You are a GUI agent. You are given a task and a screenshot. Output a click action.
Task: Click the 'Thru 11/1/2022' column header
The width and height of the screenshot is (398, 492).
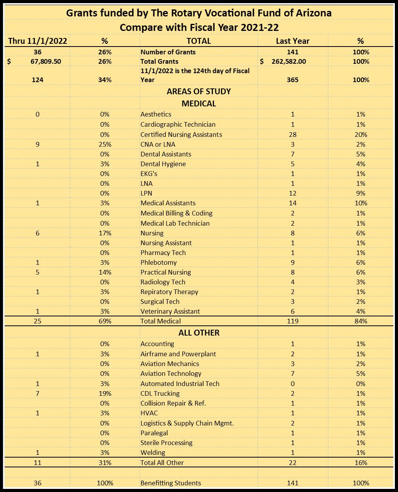tap(38, 41)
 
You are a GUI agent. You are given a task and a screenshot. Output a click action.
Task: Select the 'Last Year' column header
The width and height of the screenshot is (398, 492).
tap(292, 41)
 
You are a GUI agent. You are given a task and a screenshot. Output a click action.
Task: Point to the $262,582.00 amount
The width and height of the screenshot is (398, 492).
tap(288, 61)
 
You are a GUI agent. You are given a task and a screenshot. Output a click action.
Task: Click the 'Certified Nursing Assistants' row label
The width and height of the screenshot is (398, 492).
tap(181, 135)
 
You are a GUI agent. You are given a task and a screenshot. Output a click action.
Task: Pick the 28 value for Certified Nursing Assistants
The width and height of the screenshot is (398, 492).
tap(292, 135)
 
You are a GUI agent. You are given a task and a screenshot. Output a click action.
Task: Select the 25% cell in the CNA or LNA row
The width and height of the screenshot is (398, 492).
tap(104, 144)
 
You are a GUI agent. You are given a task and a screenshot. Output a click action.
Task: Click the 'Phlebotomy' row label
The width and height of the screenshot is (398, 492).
tap(158, 262)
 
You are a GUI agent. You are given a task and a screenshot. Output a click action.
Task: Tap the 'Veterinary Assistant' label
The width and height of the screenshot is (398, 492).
tap(170, 311)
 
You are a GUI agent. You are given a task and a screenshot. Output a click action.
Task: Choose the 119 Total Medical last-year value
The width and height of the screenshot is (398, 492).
tap(292, 321)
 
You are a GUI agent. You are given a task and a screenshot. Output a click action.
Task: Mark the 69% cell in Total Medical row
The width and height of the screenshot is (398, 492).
tap(104, 321)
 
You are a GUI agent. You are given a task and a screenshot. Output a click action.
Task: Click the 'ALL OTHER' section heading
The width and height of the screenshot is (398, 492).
tap(199, 333)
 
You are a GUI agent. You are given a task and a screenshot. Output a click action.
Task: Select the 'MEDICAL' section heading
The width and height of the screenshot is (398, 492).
tap(199, 104)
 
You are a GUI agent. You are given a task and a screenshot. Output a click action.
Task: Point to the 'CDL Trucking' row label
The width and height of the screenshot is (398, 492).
tap(160, 393)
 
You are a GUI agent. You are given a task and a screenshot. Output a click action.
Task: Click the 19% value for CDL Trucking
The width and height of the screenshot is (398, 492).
tap(104, 393)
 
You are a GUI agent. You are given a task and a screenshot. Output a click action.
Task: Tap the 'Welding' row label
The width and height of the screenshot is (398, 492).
tap(153, 452)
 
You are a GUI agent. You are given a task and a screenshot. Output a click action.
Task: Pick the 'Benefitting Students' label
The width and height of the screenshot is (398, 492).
tap(171, 483)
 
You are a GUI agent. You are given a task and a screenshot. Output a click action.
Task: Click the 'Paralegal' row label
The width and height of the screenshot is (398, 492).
tap(154, 433)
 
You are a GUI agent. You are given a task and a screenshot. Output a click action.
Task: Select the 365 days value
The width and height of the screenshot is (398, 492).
tap(292, 80)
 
